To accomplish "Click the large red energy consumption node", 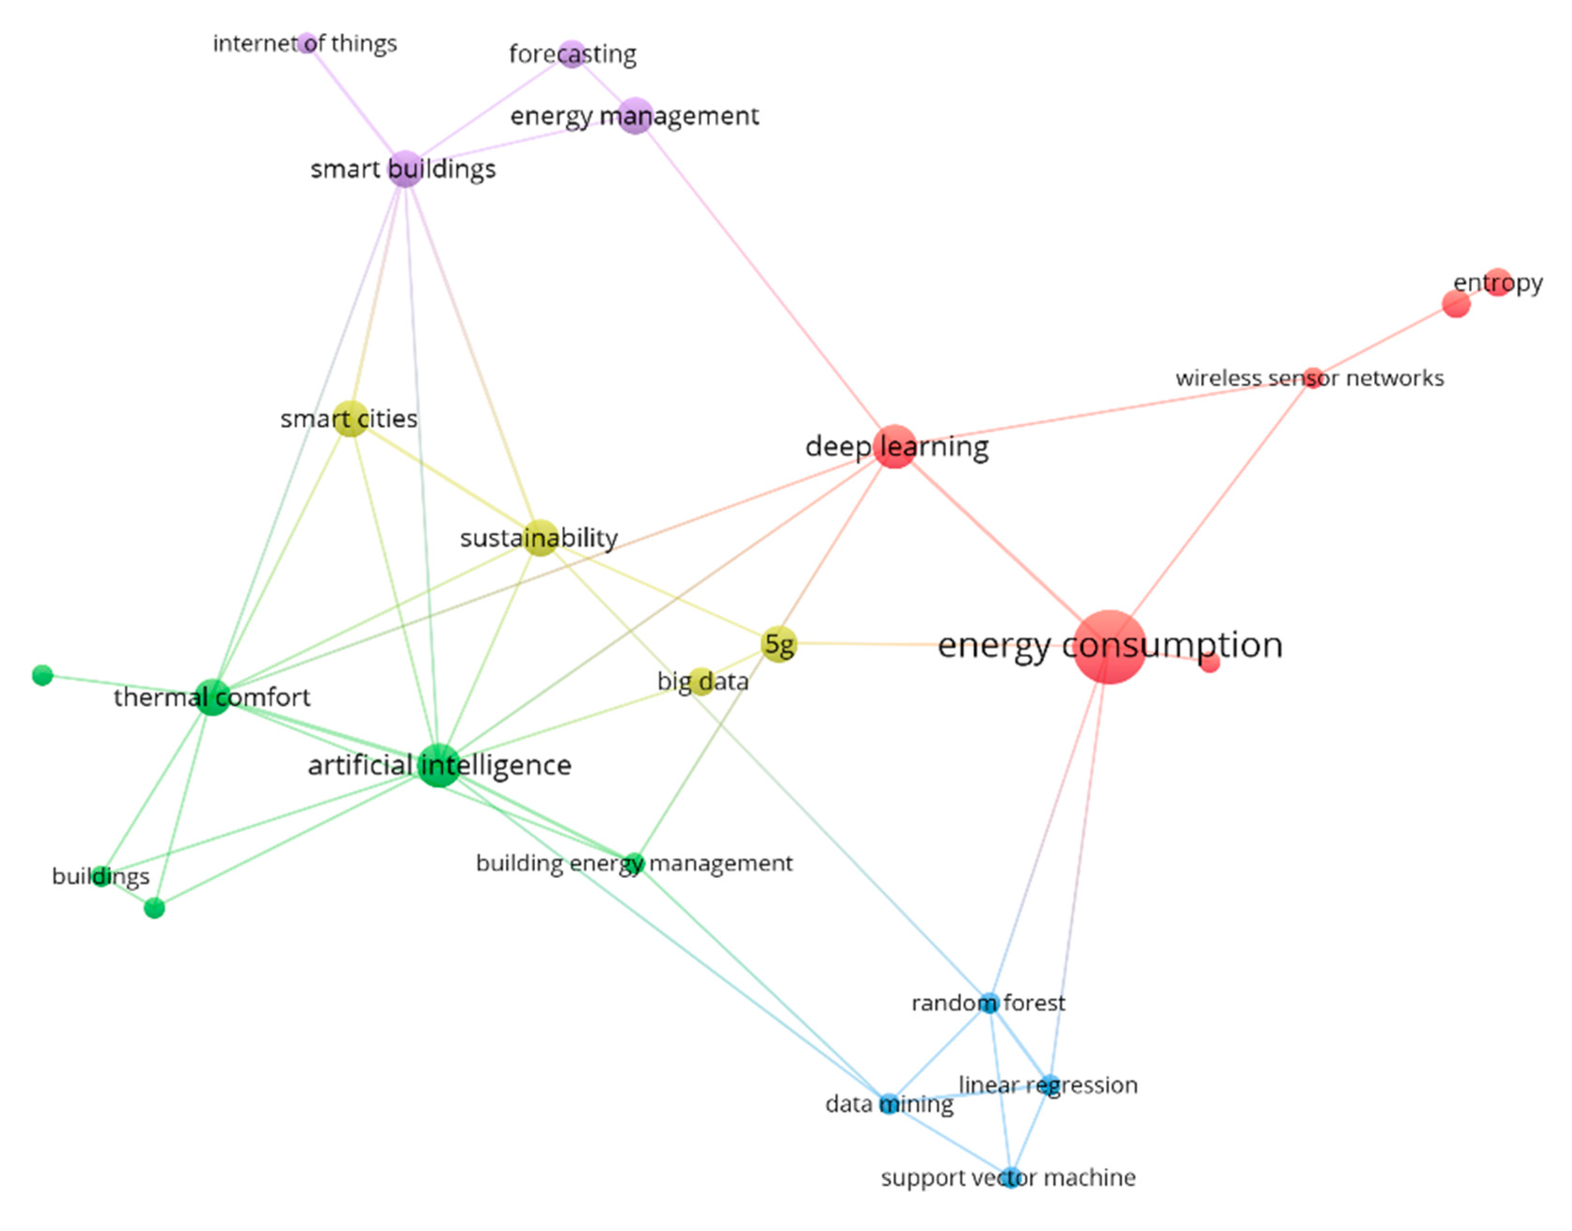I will point(1108,646).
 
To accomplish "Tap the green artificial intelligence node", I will point(438,765).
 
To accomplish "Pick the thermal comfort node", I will point(213,697).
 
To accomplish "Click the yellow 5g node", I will point(779,643).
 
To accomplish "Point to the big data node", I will point(701,681).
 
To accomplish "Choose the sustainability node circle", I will point(540,538).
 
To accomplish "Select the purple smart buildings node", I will point(405,169).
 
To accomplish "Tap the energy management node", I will point(635,115).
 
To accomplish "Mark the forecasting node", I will point(572,54).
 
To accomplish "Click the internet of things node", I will point(308,43).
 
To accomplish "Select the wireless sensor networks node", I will point(1312,377).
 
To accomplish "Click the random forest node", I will point(988,1003).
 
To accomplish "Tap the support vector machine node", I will point(1011,1177).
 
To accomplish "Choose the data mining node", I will point(889,1104).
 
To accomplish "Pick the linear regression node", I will point(1050,1085).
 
